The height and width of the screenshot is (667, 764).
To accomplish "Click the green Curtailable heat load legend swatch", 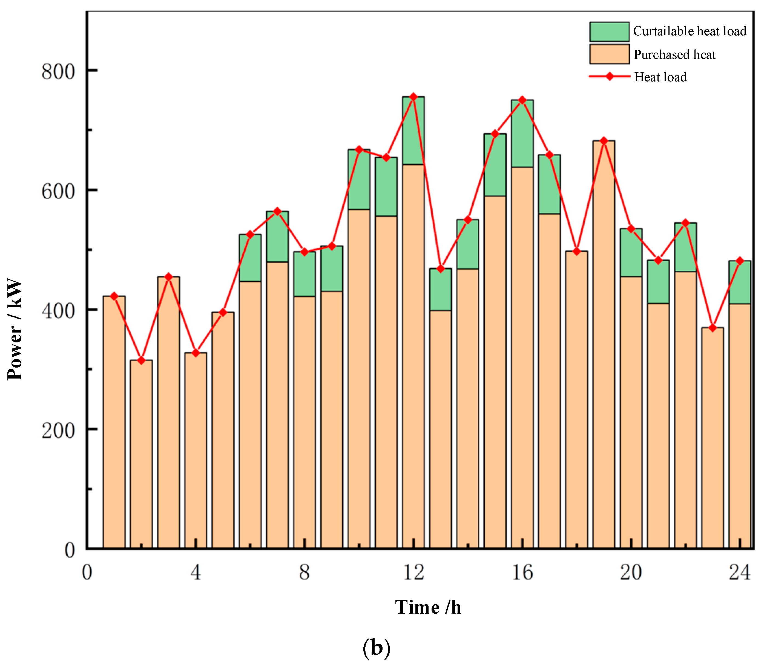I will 609,32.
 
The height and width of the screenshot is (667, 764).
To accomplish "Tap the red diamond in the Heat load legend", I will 610,77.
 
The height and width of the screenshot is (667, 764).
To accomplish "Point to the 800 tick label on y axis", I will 58,71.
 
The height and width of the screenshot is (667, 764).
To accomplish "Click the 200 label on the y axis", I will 58,431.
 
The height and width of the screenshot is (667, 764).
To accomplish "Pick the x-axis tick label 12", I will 413,573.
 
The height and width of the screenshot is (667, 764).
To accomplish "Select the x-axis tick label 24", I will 739,573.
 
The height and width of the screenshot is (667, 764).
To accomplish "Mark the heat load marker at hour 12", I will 413,97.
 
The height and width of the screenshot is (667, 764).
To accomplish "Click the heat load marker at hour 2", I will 141,360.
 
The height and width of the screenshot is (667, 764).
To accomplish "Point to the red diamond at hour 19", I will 604,141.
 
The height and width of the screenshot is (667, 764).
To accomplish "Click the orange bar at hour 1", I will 114,423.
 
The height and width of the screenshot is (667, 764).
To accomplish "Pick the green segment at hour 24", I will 739,282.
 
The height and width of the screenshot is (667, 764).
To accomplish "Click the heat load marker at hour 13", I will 440,269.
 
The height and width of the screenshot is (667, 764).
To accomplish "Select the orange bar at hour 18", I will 576,400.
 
